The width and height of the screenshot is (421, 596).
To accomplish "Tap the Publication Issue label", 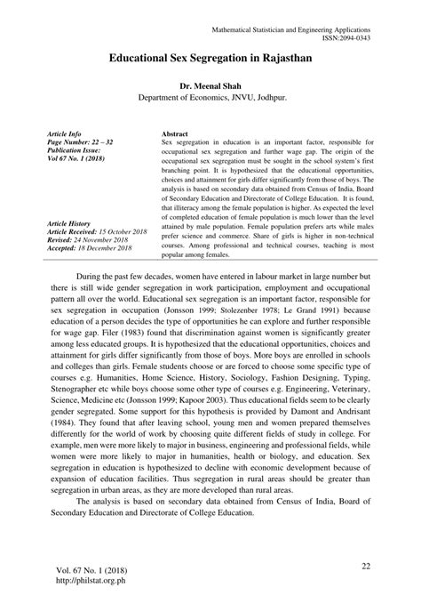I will (77, 150).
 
